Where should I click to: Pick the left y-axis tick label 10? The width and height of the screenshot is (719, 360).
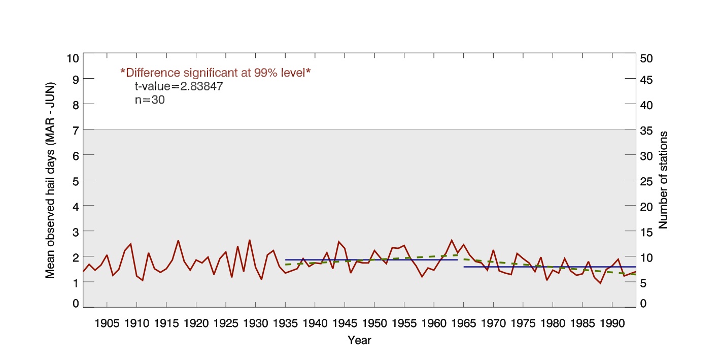coord(73,58)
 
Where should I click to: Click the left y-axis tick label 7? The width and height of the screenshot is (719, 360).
coord(76,129)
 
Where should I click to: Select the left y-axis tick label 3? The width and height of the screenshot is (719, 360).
coord(76,231)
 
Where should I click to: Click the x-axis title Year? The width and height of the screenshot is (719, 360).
coord(359,341)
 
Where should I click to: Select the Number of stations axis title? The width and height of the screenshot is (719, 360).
coord(663,180)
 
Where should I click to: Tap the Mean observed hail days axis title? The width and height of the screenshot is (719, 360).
coord(50,180)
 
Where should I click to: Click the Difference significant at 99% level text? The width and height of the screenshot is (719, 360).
coord(215,73)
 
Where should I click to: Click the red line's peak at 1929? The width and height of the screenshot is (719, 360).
coord(250,240)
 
